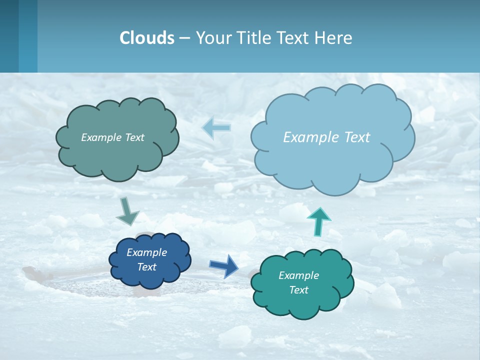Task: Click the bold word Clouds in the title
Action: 147,38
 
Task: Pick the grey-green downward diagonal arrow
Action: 127,211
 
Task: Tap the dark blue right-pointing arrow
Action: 223,265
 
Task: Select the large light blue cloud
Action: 332,160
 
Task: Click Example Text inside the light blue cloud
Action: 326,137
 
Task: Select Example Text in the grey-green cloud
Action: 112,137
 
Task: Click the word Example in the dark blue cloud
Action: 146,252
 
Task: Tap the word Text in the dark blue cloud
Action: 146,267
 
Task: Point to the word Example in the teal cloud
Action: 298,275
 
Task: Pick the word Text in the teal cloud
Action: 298,290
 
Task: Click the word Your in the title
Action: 211,38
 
